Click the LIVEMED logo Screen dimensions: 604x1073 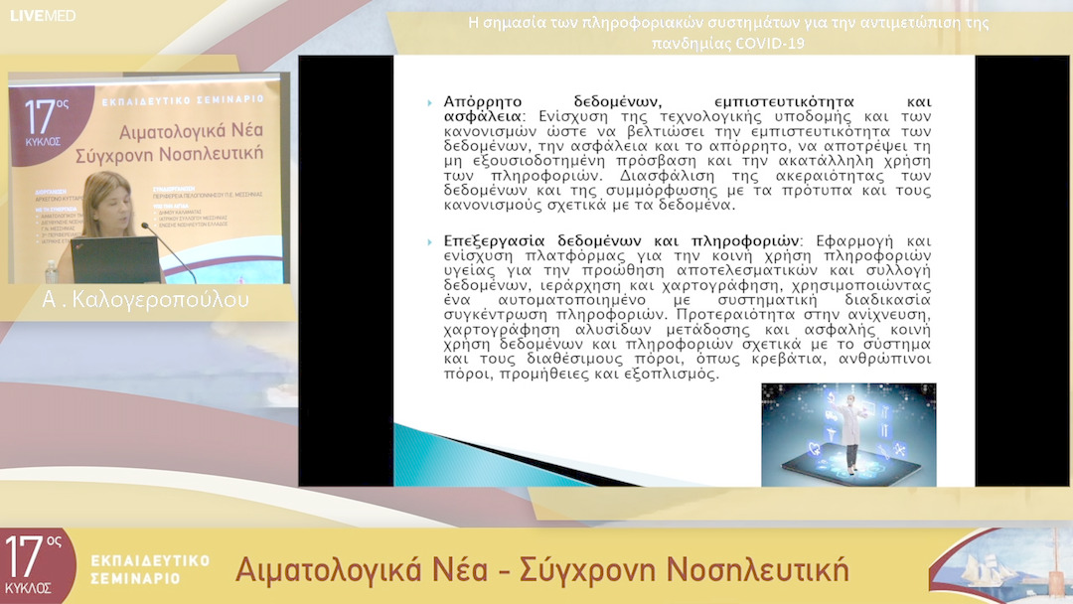[x=43, y=15]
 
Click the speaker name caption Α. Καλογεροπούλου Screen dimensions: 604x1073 [x=146, y=300]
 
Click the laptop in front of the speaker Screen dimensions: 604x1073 [x=116, y=260]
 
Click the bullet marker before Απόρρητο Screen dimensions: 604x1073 [x=429, y=102]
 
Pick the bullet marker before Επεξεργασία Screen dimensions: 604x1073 [x=429, y=241]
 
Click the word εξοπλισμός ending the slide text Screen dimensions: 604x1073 [x=673, y=374]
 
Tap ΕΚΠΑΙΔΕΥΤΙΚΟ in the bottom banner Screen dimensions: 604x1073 [x=150, y=560]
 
